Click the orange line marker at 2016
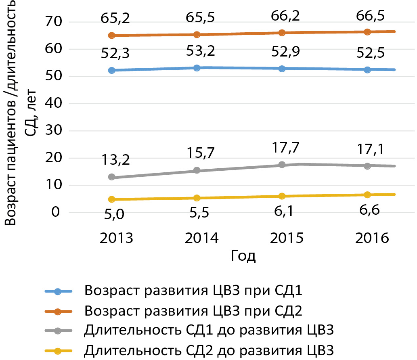[367, 32]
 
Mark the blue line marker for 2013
[112, 70]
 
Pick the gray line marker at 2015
[282, 165]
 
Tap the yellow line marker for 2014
[197, 198]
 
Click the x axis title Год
[243, 256]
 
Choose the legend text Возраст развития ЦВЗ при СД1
[193, 291]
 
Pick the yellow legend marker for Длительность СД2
[58, 350]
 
